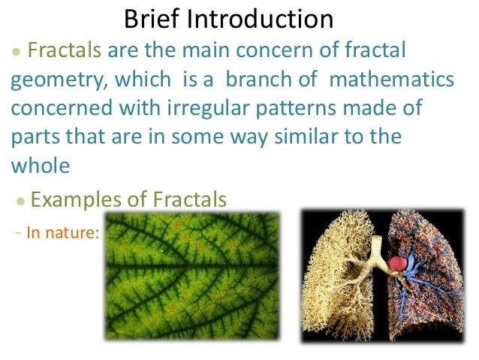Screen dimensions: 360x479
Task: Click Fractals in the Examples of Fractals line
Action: pyautogui.click(x=188, y=199)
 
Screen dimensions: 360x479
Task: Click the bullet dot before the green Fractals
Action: pyautogui.click(x=16, y=54)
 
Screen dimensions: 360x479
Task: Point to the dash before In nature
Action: pyautogui.click(x=17, y=231)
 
